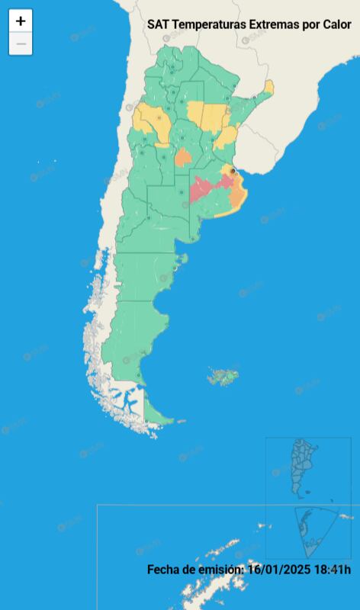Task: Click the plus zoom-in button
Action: point(21,21)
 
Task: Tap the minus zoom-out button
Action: point(21,44)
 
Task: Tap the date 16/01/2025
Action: point(278,570)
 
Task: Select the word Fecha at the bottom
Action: point(164,570)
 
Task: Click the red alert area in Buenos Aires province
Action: point(204,187)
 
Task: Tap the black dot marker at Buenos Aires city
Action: point(233,171)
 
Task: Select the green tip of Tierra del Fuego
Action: point(156,414)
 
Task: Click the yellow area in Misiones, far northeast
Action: point(268,88)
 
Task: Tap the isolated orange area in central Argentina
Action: point(183,158)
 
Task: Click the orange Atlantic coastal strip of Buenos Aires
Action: point(238,199)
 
